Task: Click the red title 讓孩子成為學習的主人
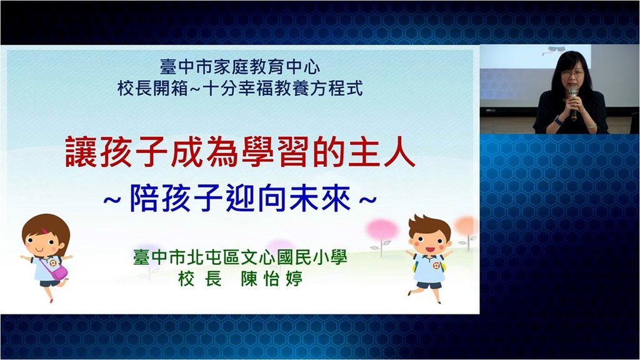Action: coord(240,151)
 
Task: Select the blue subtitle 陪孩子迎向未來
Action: coord(240,199)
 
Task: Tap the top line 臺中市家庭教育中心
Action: coord(240,67)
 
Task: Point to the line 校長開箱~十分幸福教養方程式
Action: coord(240,88)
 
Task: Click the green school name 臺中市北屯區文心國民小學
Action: coord(240,257)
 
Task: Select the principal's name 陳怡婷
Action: coord(272,279)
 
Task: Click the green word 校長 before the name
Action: coord(200,279)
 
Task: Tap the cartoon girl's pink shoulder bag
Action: coord(58,271)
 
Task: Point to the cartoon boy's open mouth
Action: coord(429,249)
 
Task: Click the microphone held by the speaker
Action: coord(574,102)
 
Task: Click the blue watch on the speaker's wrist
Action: coord(557,120)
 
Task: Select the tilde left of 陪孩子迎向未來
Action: coord(112,200)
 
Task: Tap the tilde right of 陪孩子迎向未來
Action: coord(367,200)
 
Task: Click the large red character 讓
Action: coord(81,151)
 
